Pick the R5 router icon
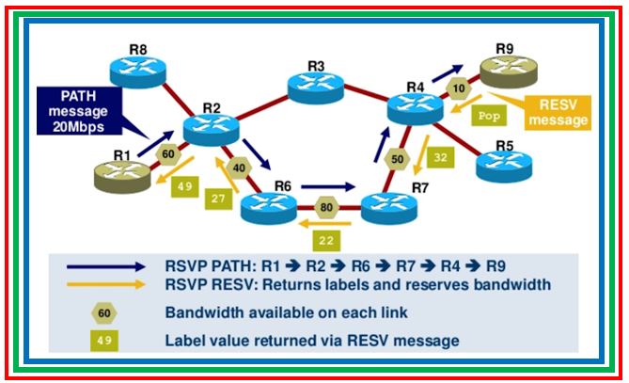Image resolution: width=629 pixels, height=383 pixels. tap(504, 165)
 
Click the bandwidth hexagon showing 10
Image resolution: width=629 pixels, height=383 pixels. tap(458, 88)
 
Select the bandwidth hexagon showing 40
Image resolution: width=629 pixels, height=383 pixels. tap(238, 168)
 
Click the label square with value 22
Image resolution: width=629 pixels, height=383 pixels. tap(324, 241)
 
